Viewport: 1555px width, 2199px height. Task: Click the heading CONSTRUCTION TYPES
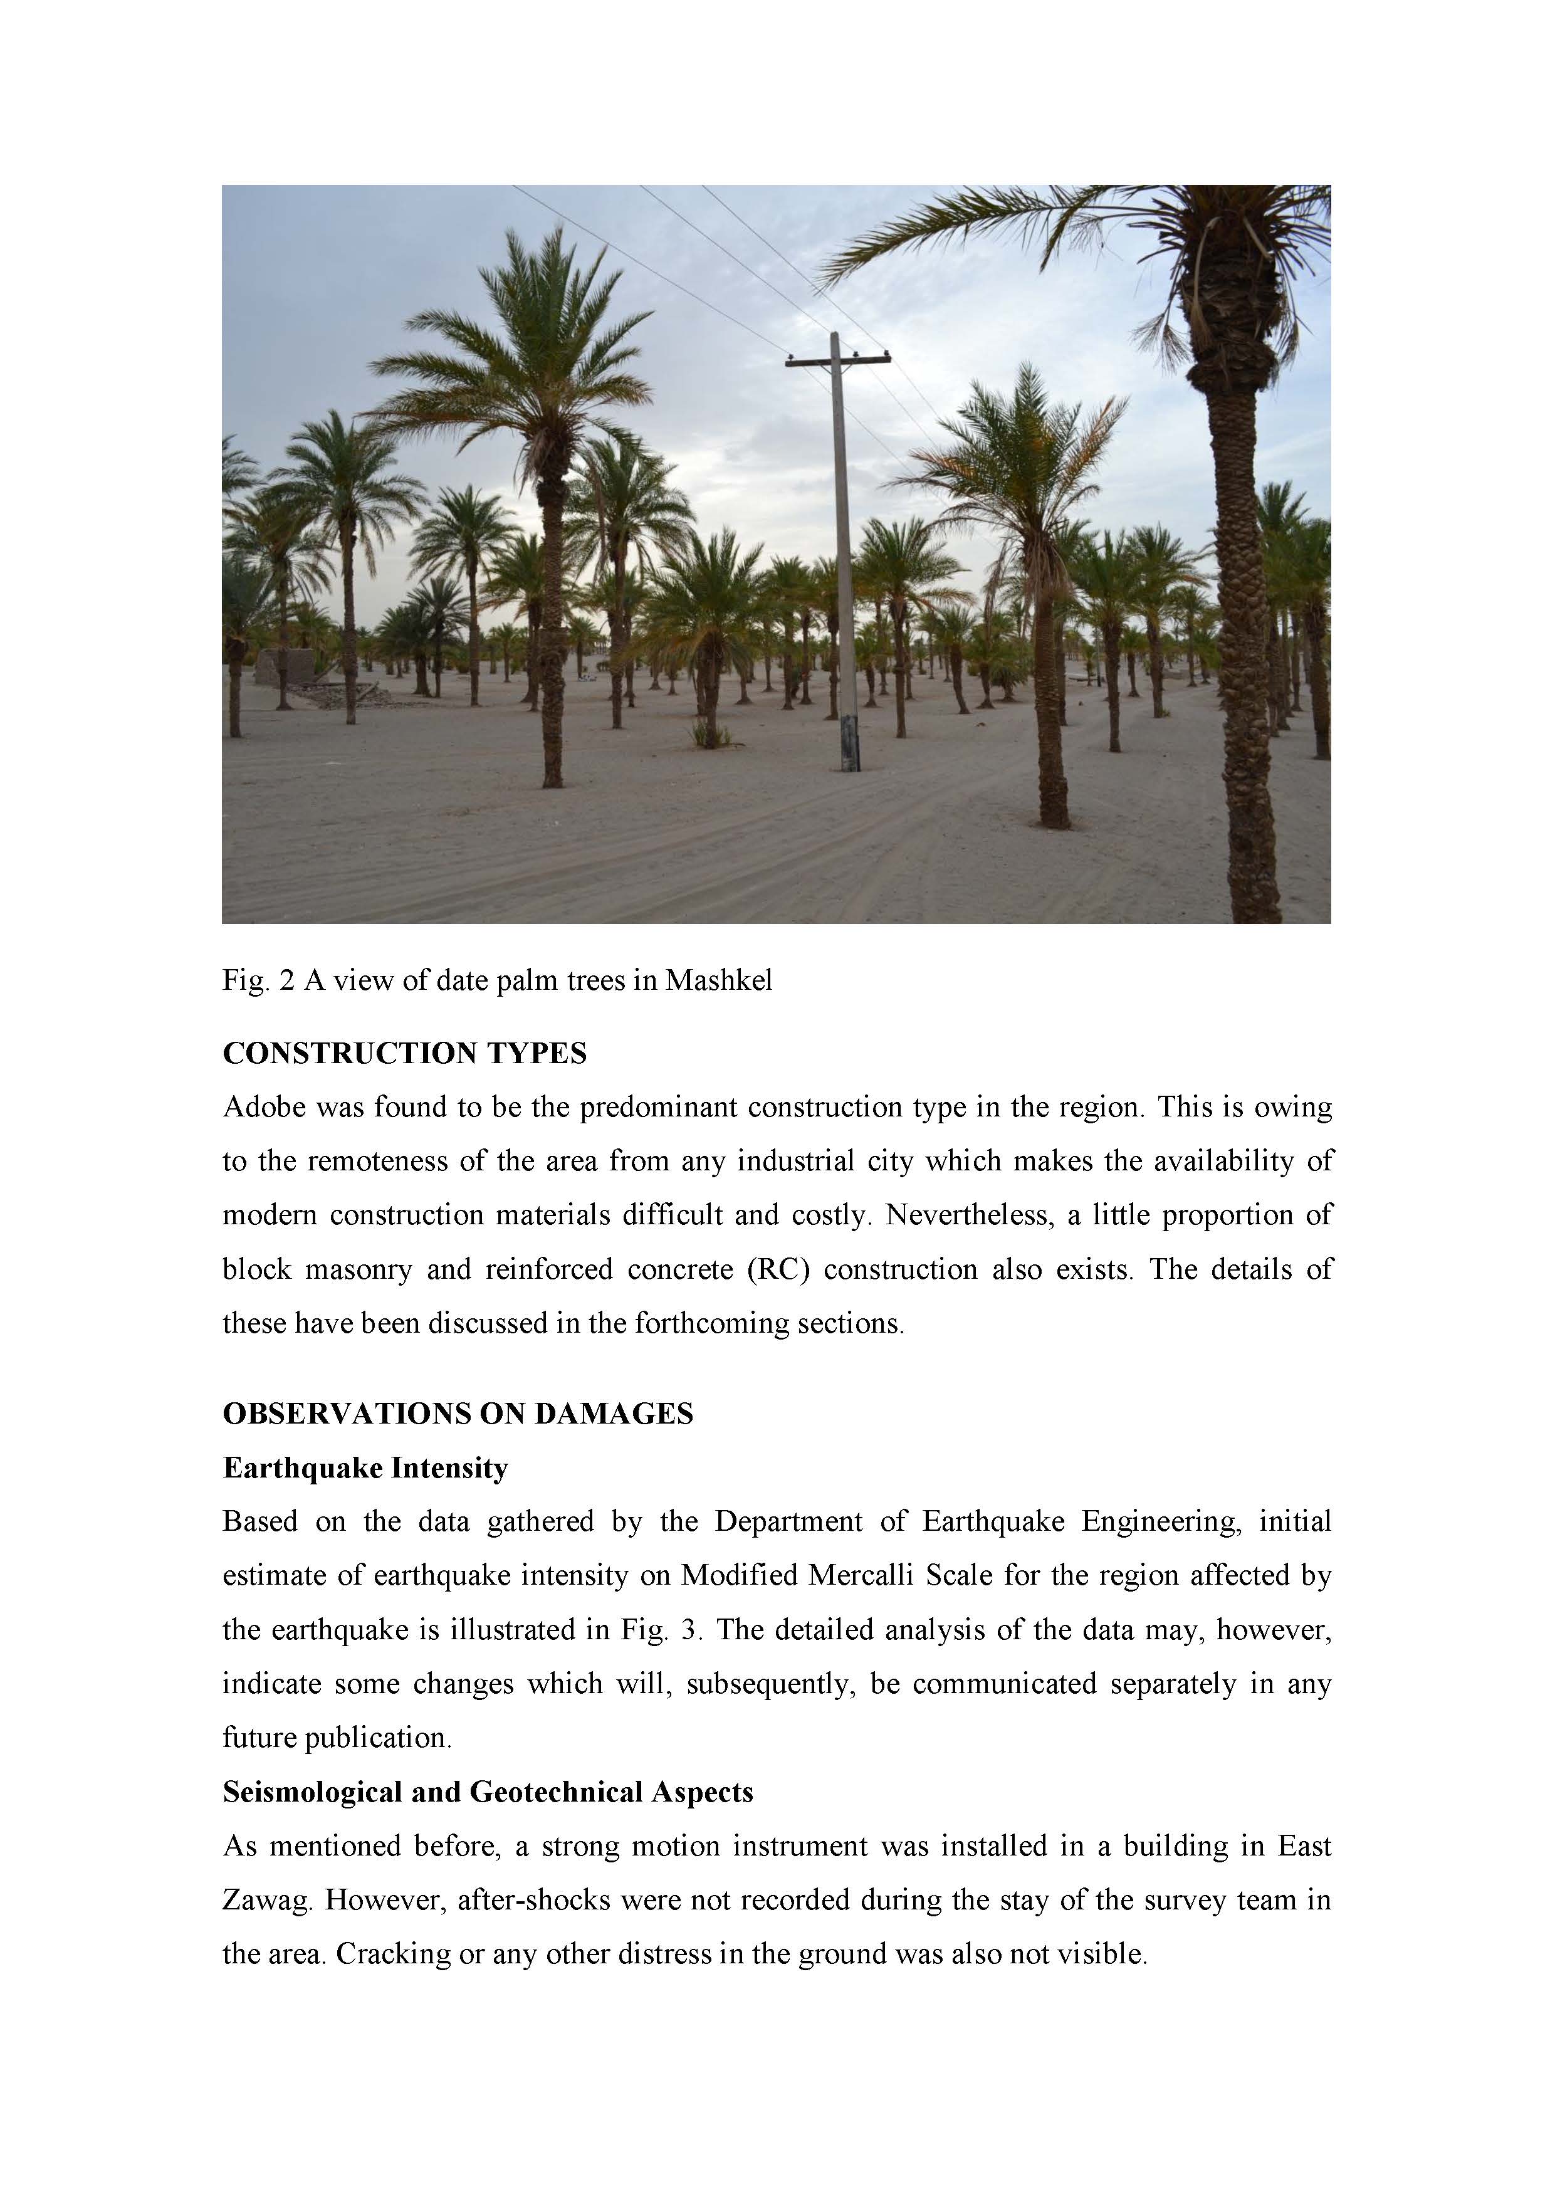tap(404, 1054)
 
